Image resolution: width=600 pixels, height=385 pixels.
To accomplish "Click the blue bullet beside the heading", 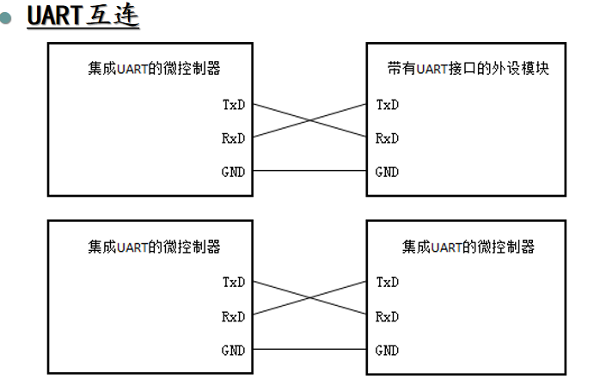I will coord(9,17).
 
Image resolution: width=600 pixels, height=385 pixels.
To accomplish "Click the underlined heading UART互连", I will coord(83,16).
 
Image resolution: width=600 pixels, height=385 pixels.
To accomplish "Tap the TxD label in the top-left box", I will coord(233,106).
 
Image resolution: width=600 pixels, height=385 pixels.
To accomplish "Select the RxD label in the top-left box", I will coord(233,138).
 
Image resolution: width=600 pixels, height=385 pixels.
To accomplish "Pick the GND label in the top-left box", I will coord(233,172).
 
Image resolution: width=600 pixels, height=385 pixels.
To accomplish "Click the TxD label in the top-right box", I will coord(388,106).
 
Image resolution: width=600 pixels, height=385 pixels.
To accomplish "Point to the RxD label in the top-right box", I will coord(388,138).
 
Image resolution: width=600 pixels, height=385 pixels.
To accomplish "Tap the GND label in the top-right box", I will coord(388,172).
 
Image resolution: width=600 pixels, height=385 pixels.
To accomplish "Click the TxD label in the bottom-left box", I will coord(233,282).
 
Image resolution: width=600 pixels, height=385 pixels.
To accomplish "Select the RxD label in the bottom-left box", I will coord(233,316).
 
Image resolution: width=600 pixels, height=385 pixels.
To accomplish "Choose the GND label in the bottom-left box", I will coord(233,351).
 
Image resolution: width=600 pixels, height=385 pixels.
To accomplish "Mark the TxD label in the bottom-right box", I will coord(388,282).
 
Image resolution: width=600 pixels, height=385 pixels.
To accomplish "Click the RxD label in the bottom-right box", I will coord(388,316).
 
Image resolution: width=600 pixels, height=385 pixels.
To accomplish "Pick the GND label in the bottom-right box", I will coord(388,351).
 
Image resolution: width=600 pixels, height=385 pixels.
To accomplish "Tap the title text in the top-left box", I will coord(154,69).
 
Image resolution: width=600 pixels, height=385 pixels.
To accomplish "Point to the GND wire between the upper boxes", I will coord(309,172).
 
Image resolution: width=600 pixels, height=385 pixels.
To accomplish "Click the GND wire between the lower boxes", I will coord(309,351).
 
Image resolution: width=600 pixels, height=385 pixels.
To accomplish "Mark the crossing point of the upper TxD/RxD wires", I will coord(309,121).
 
